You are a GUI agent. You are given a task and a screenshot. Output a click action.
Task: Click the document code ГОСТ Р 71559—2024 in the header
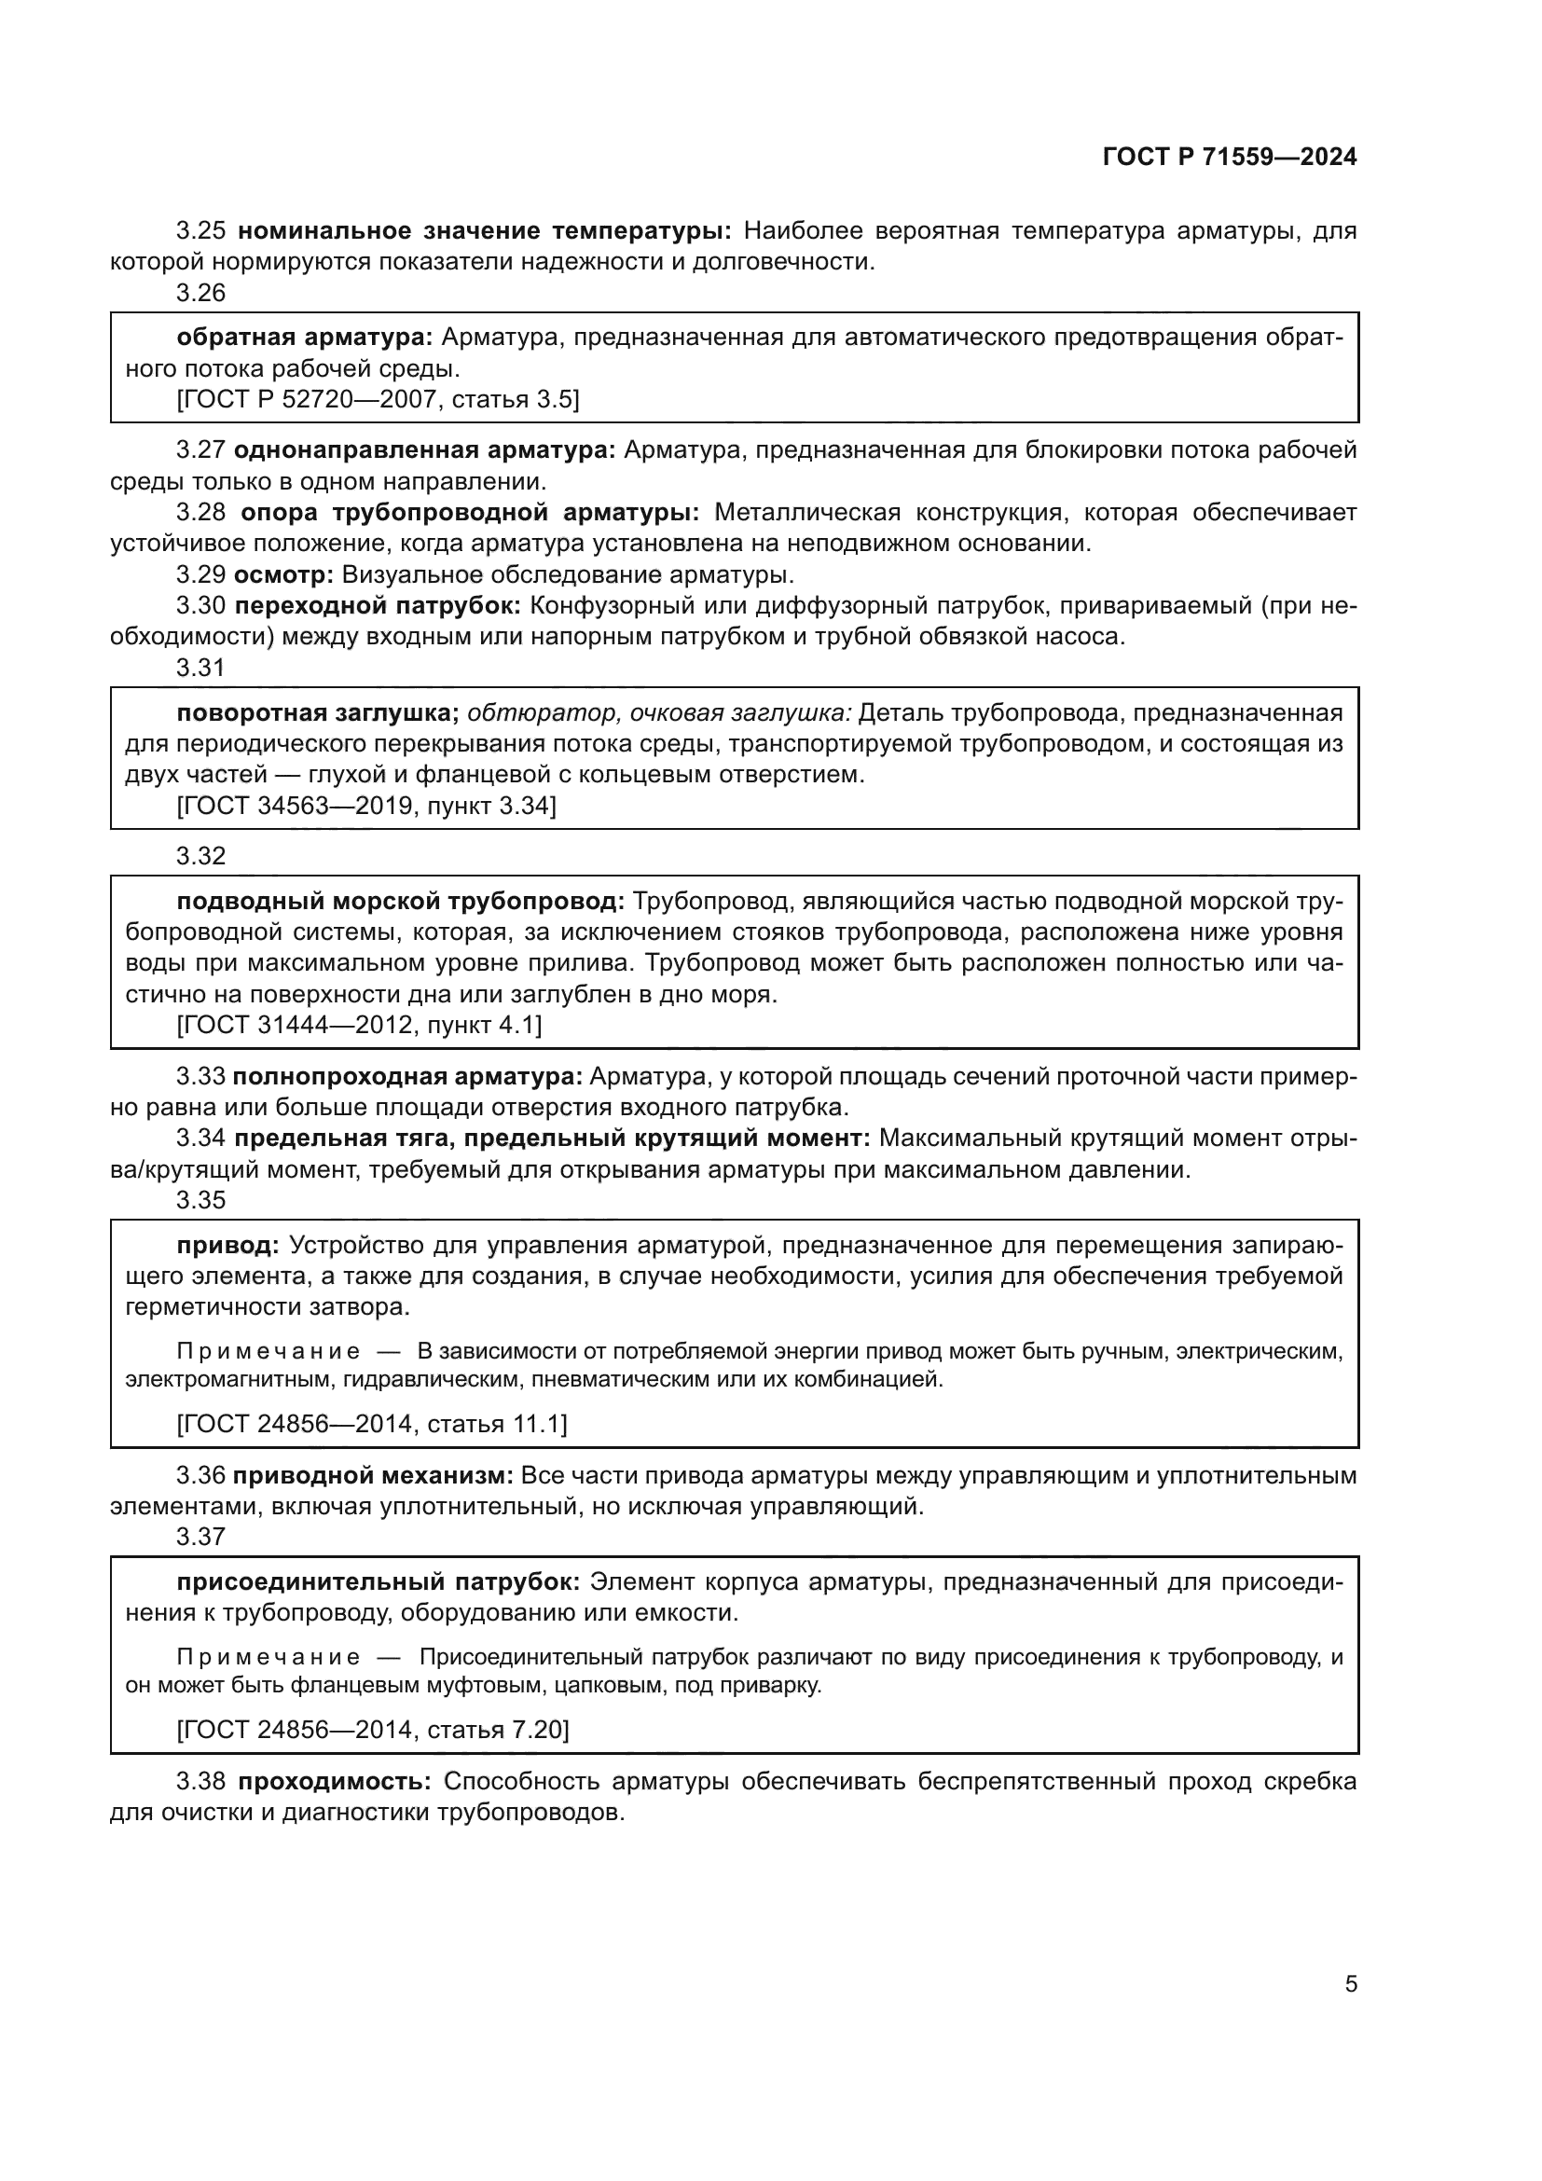[1230, 158]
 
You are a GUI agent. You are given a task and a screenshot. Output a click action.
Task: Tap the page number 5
[1350, 1983]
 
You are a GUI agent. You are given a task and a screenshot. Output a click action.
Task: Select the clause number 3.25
[200, 231]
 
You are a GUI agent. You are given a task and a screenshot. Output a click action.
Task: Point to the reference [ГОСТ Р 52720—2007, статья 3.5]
[378, 399]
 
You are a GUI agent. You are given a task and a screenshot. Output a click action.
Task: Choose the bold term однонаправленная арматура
[424, 450]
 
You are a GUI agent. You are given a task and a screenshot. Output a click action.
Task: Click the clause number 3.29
[200, 574]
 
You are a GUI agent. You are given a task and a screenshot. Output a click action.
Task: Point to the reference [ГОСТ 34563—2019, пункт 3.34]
[366, 806]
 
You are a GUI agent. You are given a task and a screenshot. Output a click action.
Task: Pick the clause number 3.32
[200, 856]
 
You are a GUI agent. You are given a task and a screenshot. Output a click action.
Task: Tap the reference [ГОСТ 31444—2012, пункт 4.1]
[359, 1025]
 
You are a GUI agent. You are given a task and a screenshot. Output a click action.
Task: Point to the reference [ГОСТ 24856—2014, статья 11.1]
[372, 1424]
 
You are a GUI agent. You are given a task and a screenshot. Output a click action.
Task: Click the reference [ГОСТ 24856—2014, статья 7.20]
[373, 1730]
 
